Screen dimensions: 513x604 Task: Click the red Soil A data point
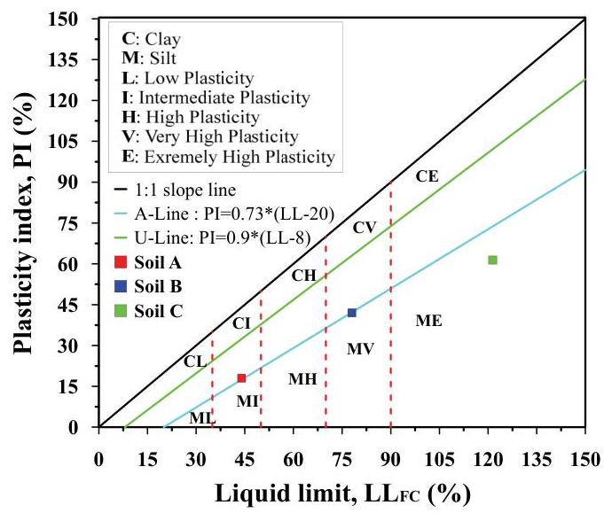point(241,378)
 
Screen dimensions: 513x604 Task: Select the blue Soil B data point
point(352,313)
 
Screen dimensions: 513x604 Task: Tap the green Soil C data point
point(492,260)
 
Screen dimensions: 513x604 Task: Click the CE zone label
point(427,176)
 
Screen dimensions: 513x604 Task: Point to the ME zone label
point(428,320)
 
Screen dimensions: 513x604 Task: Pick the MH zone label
point(302,379)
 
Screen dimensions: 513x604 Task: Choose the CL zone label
point(195,361)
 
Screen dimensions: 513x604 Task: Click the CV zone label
point(365,228)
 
